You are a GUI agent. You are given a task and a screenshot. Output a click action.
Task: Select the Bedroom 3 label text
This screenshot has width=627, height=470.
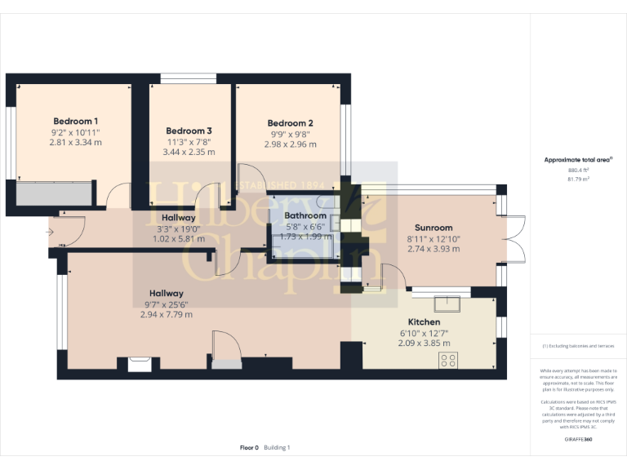(189, 131)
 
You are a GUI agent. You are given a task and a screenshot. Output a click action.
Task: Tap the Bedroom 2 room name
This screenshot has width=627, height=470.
(290, 123)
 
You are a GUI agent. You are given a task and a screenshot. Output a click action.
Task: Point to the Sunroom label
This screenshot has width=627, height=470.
(434, 228)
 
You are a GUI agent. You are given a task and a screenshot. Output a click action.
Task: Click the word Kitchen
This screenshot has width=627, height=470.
(423, 322)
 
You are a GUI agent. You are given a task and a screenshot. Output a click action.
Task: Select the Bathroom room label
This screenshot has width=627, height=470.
(305, 215)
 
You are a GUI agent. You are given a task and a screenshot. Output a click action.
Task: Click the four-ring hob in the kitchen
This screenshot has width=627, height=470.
(448, 360)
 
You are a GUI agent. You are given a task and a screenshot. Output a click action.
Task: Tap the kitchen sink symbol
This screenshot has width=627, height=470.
(447, 305)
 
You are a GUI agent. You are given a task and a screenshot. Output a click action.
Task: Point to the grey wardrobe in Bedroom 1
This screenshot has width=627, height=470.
(54, 194)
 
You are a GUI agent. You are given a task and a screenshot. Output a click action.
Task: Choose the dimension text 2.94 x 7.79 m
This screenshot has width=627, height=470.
(166, 314)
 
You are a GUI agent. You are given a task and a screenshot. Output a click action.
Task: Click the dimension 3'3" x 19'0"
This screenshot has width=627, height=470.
(178, 229)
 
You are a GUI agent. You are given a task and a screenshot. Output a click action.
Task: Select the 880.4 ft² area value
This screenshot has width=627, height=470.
(578, 170)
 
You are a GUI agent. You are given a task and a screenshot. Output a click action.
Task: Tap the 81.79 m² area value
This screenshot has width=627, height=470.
(578, 178)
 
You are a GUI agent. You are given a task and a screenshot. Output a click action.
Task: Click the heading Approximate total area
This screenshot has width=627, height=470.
(578, 159)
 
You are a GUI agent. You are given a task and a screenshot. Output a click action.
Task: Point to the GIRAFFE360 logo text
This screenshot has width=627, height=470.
(578, 439)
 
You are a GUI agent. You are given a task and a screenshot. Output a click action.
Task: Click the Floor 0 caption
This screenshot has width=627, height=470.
(249, 447)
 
